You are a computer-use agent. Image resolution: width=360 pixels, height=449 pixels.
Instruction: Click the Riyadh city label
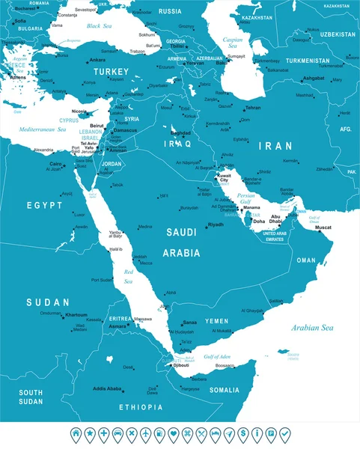(x=216, y=224)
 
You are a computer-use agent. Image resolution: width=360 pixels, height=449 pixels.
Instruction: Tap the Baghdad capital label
(x=181, y=132)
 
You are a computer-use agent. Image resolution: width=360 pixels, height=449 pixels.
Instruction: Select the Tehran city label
(x=253, y=108)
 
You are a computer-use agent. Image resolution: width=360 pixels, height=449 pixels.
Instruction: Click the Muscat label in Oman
(x=323, y=227)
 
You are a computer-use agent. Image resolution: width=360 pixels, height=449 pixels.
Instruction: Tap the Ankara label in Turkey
(x=97, y=60)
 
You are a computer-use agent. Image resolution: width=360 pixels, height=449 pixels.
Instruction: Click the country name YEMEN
(x=217, y=321)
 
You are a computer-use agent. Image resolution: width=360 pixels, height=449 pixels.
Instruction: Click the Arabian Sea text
(x=313, y=327)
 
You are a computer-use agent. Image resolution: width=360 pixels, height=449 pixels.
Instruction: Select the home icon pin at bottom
(x=75, y=433)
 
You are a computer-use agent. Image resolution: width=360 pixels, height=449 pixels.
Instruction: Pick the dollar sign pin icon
(x=242, y=433)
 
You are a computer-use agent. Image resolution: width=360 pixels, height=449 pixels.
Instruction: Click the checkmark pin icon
(x=284, y=433)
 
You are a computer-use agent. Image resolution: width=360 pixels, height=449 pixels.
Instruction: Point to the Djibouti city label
(x=181, y=364)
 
